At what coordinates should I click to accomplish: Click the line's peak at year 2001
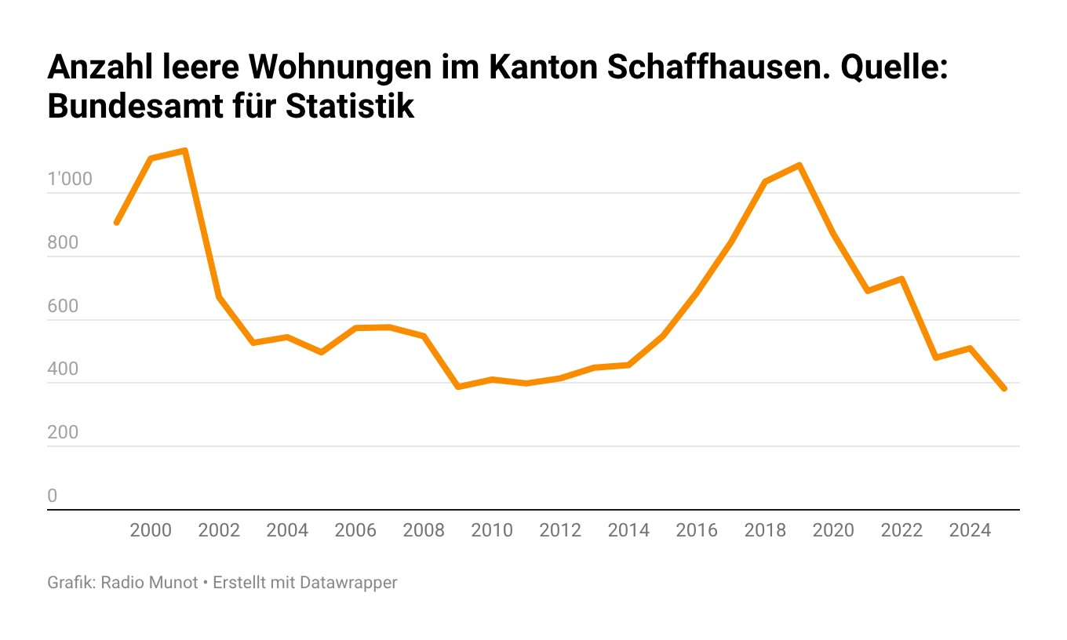pos(184,151)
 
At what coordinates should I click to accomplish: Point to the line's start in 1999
pos(116,223)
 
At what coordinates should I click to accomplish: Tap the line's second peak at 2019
pos(799,165)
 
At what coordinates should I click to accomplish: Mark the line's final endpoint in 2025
pos(1004,388)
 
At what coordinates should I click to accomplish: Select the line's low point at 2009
pos(458,387)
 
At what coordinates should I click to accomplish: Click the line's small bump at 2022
pos(902,278)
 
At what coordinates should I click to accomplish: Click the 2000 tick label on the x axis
pos(151,530)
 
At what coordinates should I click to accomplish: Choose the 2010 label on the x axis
pos(492,530)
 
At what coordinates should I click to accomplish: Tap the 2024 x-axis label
pos(970,530)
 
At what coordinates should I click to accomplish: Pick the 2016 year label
pos(697,530)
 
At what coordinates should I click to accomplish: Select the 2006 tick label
pos(355,530)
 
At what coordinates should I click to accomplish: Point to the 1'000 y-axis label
pos(70,180)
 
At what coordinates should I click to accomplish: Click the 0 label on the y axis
pos(53,496)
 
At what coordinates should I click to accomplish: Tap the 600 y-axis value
pos(63,306)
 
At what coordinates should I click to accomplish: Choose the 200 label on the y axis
pos(63,432)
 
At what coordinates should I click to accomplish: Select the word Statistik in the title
pos(350,107)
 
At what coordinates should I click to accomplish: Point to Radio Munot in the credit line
pos(150,583)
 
